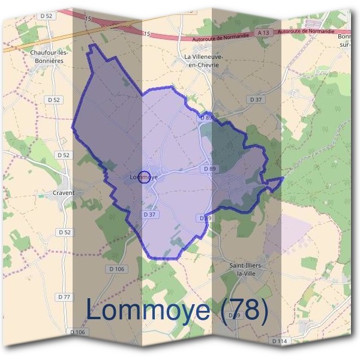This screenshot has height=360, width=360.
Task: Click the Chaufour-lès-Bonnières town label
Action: point(49,56)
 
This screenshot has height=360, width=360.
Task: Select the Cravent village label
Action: point(64,193)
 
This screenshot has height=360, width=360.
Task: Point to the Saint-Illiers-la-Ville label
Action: point(248,269)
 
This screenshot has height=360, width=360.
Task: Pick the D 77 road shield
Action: point(64,297)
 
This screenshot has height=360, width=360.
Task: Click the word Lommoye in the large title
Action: point(148,310)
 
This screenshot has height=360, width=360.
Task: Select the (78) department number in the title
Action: point(242,310)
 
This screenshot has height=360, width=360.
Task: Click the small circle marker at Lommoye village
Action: point(143,176)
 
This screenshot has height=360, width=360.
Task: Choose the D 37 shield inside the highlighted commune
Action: point(150,214)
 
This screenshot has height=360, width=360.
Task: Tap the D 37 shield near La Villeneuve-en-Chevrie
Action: point(256,99)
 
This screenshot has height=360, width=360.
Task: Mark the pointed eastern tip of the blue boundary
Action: point(283,178)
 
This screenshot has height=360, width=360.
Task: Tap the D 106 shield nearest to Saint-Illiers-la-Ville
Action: point(117,269)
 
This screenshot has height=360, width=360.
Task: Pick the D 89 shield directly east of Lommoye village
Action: point(209,169)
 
